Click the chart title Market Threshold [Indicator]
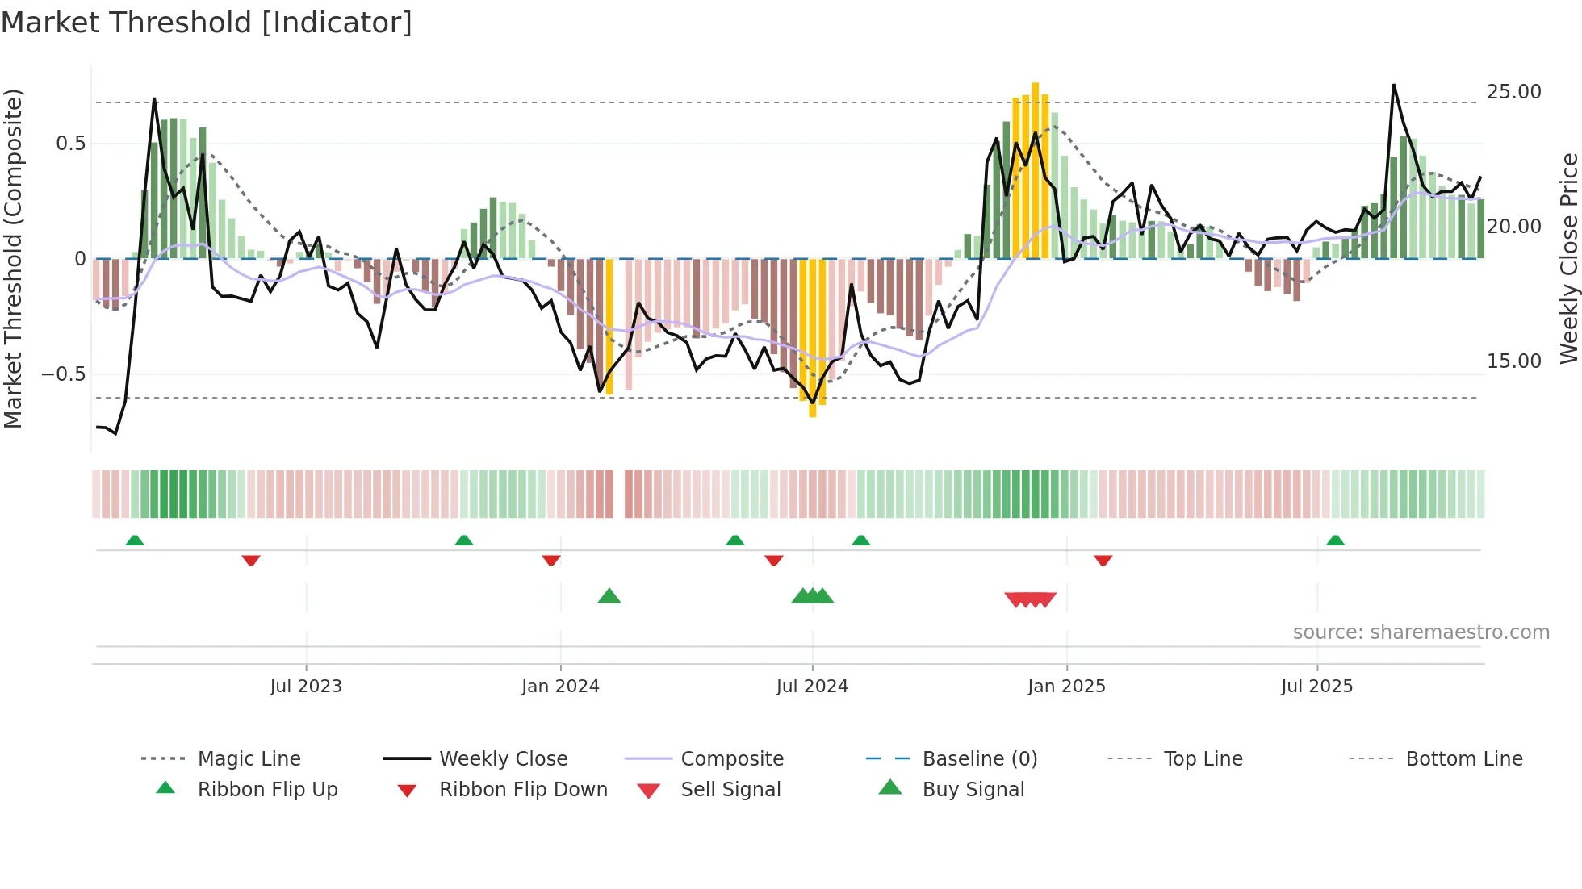click(x=207, y=23)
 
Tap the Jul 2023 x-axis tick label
click(x=306, y=687)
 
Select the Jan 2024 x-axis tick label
click(x=560, y=687)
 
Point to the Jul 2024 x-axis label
click(x=812, y=687)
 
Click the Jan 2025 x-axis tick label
click(x=1066, y=687)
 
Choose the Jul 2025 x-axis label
click(x=1316, y=687)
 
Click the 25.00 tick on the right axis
click(x=1513, y=92)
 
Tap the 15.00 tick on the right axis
click(x=1513, y=361)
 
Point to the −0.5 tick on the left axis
click(x=63, y=374)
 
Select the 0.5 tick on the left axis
click(x=70, y=144)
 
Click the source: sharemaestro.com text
click(x=1421, y=632)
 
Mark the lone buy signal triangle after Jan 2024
click(x=609, y=596)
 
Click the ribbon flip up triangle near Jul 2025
click(x=1335, y=540)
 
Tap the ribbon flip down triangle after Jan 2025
click(x=1103, y=560)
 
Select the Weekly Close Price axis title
click(x=1568, y=258)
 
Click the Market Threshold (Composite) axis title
click(x=13, y=258)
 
